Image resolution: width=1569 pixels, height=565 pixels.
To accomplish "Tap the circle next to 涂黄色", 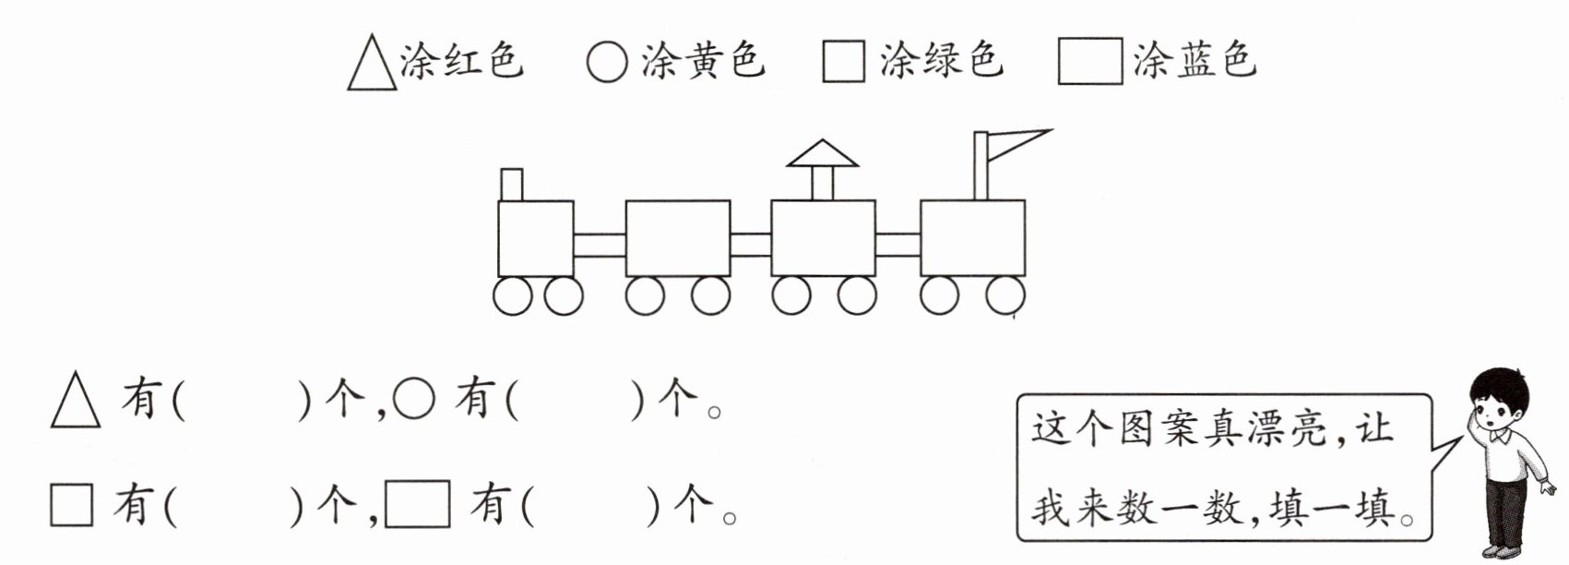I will click(x=607, y=62).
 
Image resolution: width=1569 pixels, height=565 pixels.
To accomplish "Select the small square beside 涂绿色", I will click(x=843, y=62).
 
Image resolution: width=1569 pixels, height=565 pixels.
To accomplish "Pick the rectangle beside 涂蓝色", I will click(x=1089, y=62).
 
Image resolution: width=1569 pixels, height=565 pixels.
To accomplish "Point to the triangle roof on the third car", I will click(x=823, y=154).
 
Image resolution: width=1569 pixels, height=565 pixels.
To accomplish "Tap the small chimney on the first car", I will click(x=511, y=184).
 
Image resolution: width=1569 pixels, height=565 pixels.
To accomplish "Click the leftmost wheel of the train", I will click(x=513, y=296).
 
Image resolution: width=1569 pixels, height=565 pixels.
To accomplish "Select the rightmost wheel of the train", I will click(x=1005, y=296).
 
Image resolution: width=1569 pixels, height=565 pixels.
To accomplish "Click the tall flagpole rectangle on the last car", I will click(x=981, y=166).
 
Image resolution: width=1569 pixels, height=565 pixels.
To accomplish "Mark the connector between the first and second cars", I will click(x=600, y=245).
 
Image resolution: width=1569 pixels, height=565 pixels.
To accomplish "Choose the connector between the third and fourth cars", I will click(x=897, y=245).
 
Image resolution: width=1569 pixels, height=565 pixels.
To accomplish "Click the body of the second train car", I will click(x=678, y=238).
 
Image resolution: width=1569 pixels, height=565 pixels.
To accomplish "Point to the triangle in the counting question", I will click(x=76, y=406).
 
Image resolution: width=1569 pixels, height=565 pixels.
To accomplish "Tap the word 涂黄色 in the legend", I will click(x=703, y=60).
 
